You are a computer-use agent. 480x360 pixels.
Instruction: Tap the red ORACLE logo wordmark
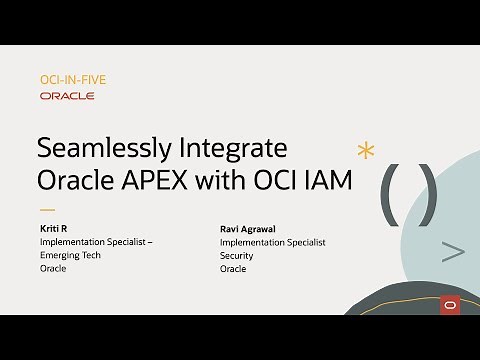(67, 96)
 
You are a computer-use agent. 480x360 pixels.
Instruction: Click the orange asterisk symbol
(366, 151)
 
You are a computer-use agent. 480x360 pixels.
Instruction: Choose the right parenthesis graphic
(427, 190)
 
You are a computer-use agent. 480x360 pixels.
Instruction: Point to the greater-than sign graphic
(452, 253)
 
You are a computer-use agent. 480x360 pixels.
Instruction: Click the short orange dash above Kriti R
(46, 211)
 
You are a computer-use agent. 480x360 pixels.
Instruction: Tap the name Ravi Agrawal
(249, 229)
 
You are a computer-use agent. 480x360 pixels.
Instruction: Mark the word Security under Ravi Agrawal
(236, 255)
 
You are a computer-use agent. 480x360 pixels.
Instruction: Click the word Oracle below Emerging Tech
(53, 268)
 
